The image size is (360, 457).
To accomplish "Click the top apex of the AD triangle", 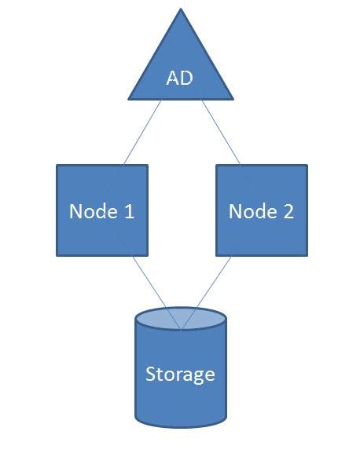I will click(x=181, y=10).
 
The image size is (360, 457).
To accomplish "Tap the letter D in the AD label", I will click(x=187, y=79).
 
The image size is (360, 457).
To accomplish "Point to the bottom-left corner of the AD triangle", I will click(x=130, y=99).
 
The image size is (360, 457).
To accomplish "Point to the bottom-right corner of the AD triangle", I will click(x=233, y=99).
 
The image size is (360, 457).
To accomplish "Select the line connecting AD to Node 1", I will click(x=142, y=132).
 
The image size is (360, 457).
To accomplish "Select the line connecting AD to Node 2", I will click(x=220, y=132).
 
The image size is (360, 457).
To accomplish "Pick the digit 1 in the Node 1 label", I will click(x=129, y=211).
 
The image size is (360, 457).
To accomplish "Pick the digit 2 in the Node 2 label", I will click(x=288, y=211).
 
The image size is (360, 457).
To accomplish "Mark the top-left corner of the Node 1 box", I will click(x=57, y=165).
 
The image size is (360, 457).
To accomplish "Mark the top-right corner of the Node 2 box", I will click(x=307, y=165).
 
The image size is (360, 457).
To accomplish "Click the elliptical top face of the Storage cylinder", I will click(x=181, y=318).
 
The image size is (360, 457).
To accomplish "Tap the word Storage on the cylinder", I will click(x=181, y=374).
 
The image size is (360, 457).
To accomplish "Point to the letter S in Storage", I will click(x=151, y=374).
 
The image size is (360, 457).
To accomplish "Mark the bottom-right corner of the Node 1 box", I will click(x=147, y=255).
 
